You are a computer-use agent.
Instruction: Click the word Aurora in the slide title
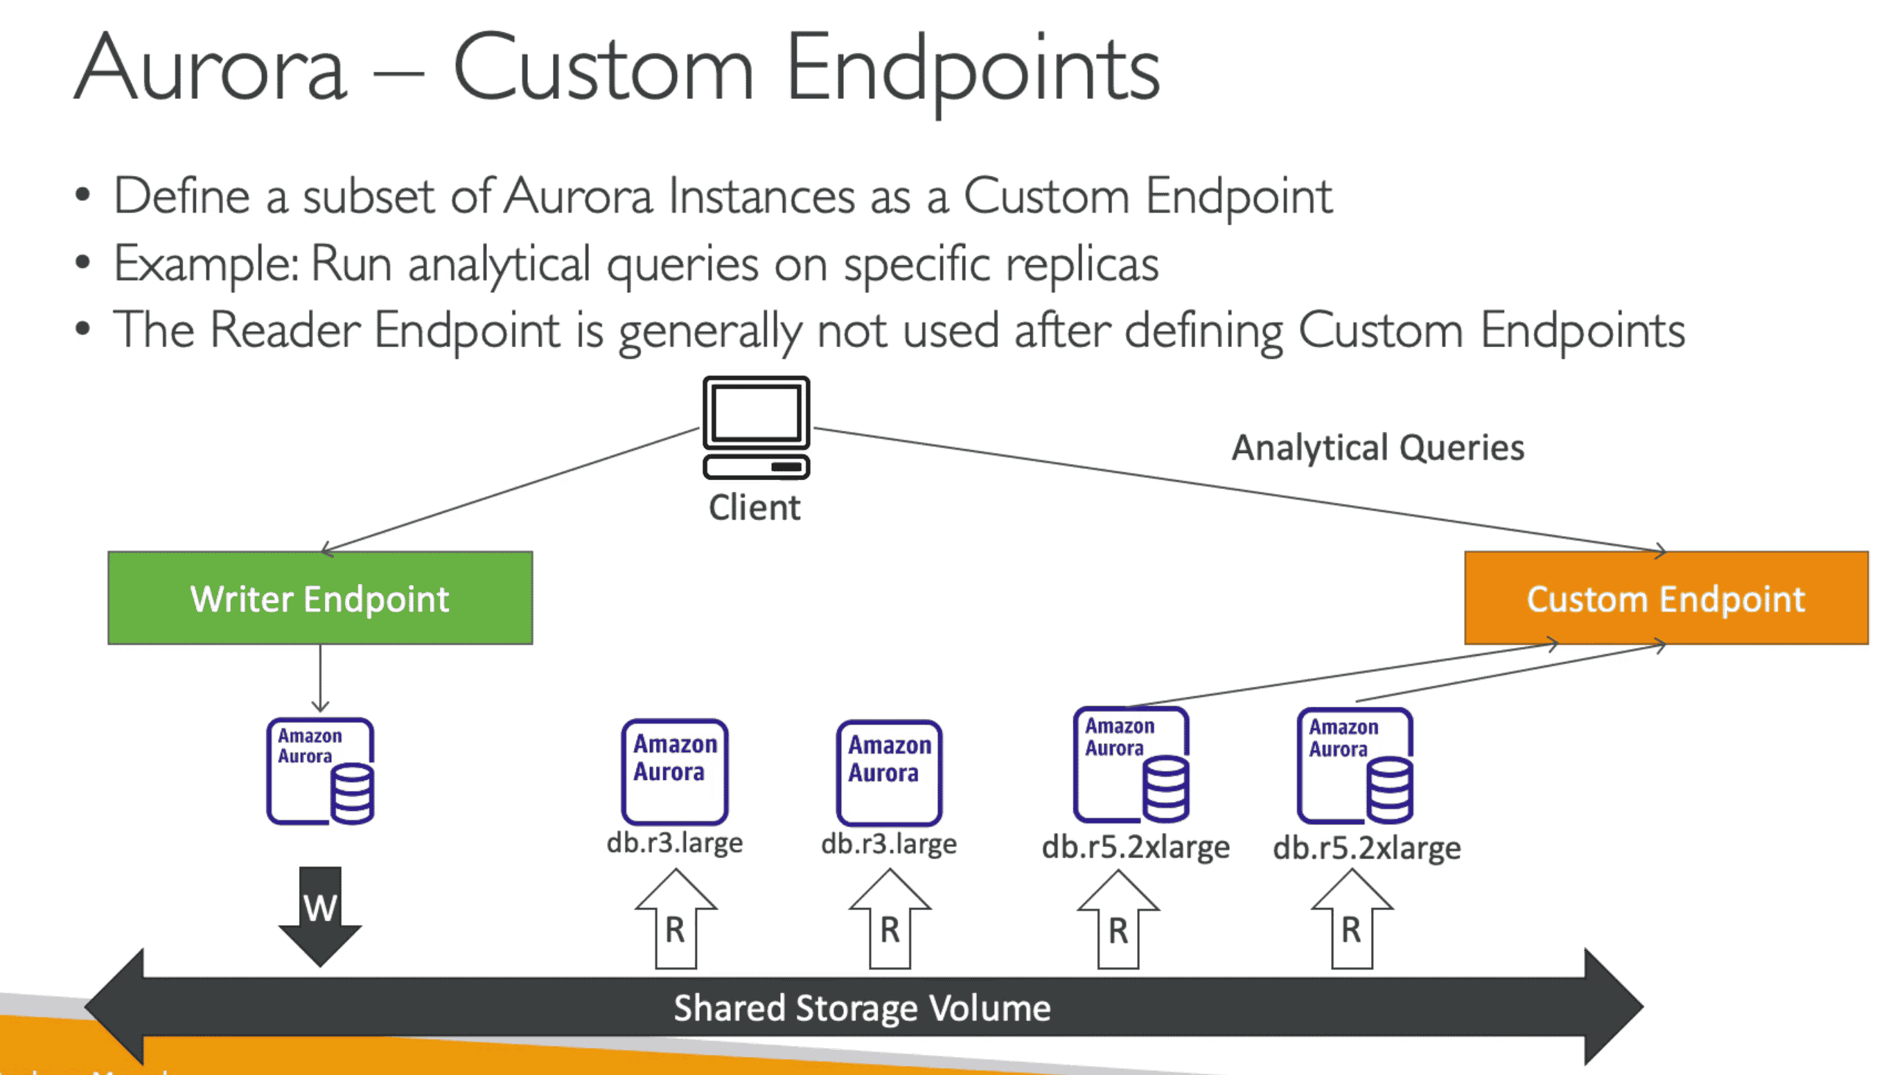click(211, 69)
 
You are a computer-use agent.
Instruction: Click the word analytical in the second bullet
click(499, 265)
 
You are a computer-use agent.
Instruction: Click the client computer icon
click(756, 427)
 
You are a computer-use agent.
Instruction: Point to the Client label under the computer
click(754, 508)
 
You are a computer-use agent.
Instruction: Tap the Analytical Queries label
click(1378, 447)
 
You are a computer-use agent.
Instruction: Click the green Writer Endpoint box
click(319, 598)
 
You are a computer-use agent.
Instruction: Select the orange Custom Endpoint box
click(1666, 598)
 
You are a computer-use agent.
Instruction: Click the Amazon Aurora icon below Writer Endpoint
click(321, 771)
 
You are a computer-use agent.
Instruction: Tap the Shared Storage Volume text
click(862, 1008)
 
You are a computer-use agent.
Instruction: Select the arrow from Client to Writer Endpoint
click(509, 490)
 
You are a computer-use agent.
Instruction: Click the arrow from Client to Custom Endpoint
click(1241, 490)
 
